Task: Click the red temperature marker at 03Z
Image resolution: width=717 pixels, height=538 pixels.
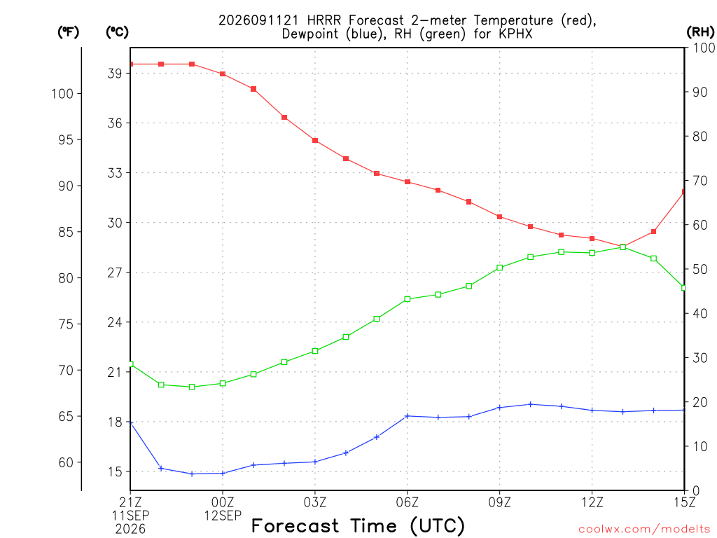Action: (x=315, y=140)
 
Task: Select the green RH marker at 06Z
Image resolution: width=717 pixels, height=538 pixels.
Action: (x=408, y=299)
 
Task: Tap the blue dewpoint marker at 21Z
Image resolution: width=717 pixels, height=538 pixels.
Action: (x=131, y=422)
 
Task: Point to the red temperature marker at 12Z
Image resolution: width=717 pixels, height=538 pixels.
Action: (x=592, y=238)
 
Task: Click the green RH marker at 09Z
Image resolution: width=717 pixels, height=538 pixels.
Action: (x=500, y=268)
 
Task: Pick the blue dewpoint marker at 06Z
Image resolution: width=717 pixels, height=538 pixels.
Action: (x=408, y=416)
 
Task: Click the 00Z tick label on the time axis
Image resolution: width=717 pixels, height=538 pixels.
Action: (x=223, y=502)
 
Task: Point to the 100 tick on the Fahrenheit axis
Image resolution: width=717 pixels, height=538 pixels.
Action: (x=62, y=94)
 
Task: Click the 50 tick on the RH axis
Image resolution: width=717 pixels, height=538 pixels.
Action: (x=700, y=270)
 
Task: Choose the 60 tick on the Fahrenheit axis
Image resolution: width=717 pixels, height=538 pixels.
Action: (x=66, y=462)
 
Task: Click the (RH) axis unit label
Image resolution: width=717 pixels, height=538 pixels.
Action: (x=700, y=32)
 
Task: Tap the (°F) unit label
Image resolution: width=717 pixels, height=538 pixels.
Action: (x=68, y=32)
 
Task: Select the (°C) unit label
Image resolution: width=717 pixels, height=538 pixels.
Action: (x=117, y=32)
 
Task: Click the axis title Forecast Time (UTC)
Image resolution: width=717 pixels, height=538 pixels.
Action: (x=358, y=525)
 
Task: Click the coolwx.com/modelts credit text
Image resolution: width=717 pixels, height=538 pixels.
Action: (x=644, y=529)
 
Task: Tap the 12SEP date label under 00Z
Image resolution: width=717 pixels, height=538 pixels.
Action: (x=223, y=516)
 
